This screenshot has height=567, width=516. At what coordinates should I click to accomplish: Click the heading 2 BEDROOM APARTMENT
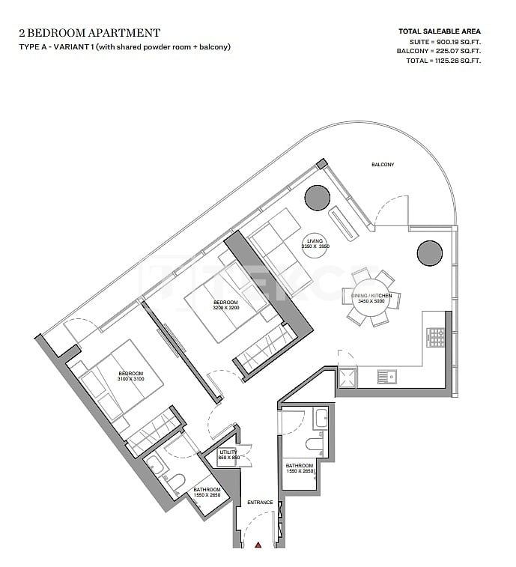coord(88,32)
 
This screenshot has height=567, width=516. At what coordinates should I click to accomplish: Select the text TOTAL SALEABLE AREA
coord(440,32)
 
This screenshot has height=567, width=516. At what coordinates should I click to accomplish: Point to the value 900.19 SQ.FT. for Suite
coord(456,42)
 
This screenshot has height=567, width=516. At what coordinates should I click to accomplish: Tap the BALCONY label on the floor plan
coord(382,165)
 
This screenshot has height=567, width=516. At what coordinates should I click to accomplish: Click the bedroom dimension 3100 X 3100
coord(130,379)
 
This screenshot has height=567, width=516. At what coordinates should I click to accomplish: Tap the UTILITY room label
coord(228,452)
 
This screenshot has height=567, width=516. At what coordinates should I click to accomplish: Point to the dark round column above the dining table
coord(429,252)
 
